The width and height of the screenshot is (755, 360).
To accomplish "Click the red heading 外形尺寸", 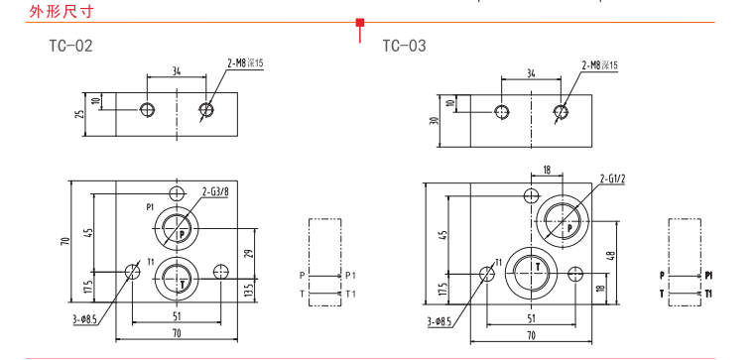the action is (61, 11).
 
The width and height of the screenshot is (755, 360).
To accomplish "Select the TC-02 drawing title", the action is (70, 46).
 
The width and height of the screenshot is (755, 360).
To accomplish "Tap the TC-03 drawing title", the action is (405, 46).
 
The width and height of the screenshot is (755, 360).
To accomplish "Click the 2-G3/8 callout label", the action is (215, 192).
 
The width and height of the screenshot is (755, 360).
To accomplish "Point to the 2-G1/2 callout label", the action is (612, 180).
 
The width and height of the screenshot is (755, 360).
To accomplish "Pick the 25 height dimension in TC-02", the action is (80, 114).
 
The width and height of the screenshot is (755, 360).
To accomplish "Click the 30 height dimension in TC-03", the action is (435, 121).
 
